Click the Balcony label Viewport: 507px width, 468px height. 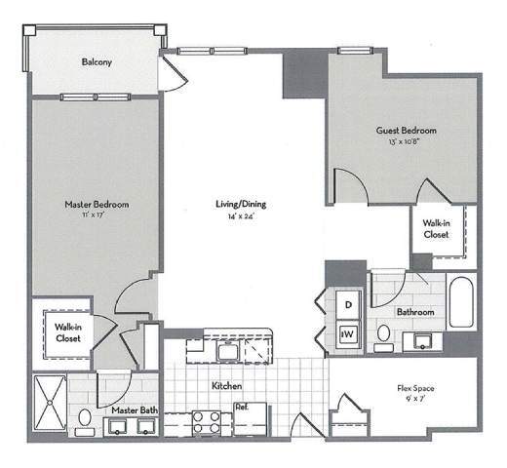point(97,62)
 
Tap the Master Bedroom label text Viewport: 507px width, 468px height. point(97,204)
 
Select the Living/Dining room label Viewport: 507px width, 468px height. point(241,204)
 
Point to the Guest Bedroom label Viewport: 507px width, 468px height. point(406,130)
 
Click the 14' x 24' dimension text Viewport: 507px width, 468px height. point(241,216)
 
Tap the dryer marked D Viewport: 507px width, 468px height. point(348,305)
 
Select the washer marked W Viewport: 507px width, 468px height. point(348,334)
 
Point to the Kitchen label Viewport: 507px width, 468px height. point(226,386)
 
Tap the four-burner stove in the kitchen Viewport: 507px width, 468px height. point(207,421)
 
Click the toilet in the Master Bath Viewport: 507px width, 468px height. point(86,419)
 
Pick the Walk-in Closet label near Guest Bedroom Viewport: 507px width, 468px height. point(436,228)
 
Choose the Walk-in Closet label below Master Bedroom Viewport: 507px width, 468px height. point(67,332)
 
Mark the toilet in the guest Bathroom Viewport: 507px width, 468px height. point(383,336)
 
